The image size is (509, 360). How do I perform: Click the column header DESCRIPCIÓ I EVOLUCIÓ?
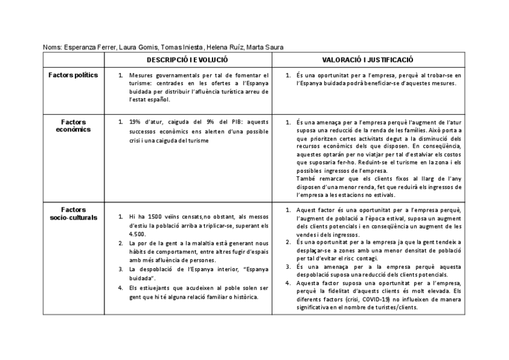point(187,60)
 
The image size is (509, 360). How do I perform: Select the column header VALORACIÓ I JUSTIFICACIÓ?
point(367,60)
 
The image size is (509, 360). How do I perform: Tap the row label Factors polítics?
point(73,76)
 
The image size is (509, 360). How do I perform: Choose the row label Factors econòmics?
point(73,125)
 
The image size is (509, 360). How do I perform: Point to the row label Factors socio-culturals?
point(73,214)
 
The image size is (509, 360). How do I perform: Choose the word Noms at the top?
point(52,47)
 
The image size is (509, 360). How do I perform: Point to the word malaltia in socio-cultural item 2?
point(184,243)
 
